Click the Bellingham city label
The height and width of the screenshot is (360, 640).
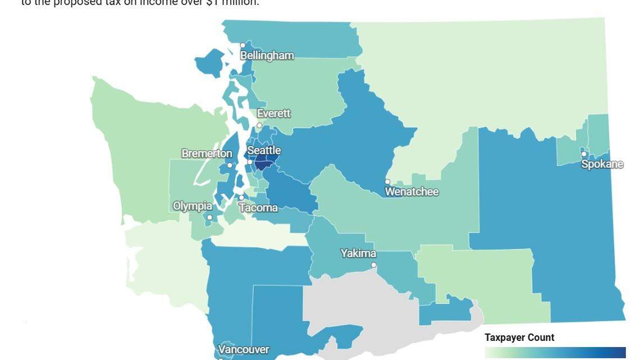[267, 56]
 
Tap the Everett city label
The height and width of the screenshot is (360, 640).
[273, 113]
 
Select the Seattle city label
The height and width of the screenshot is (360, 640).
[264, 151]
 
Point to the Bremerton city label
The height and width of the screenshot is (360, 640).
[207, 153]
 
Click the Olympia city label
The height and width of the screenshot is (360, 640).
[193, 206]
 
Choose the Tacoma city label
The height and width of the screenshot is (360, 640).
[258, 208]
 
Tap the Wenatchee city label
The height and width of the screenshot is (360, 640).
[412, 192]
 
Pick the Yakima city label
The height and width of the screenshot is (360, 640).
[358, 253]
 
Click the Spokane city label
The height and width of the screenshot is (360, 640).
[602, 164]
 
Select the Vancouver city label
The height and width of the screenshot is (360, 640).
[244, 350]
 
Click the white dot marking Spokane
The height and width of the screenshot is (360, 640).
[584, 154]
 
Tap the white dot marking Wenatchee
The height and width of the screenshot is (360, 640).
[387, 182]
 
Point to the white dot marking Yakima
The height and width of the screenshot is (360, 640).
[373, 265]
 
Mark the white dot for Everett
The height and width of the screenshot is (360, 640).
[259, 125]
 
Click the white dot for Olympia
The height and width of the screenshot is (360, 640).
[209, 217]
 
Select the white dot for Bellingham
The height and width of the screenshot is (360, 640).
[243, 45]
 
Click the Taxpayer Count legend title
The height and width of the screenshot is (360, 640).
[519, 338]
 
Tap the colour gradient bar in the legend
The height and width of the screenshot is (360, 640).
[555, 352]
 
